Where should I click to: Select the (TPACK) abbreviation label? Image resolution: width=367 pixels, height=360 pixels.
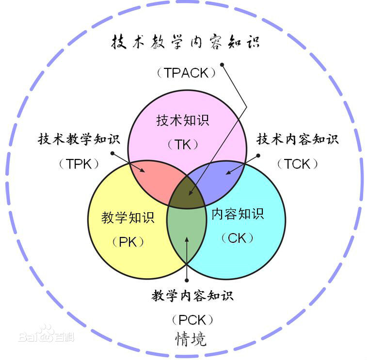[186, 73]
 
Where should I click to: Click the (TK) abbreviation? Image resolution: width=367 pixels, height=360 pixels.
[184, 144]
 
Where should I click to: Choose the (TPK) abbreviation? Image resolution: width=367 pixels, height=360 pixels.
[80, 164]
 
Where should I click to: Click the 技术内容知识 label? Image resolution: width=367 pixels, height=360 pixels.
[297, 140]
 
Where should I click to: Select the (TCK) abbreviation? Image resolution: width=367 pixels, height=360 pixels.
[298, 164]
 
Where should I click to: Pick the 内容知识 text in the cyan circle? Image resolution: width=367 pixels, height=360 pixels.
[238, 214]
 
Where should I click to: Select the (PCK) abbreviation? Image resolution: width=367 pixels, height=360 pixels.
[192, 320]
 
